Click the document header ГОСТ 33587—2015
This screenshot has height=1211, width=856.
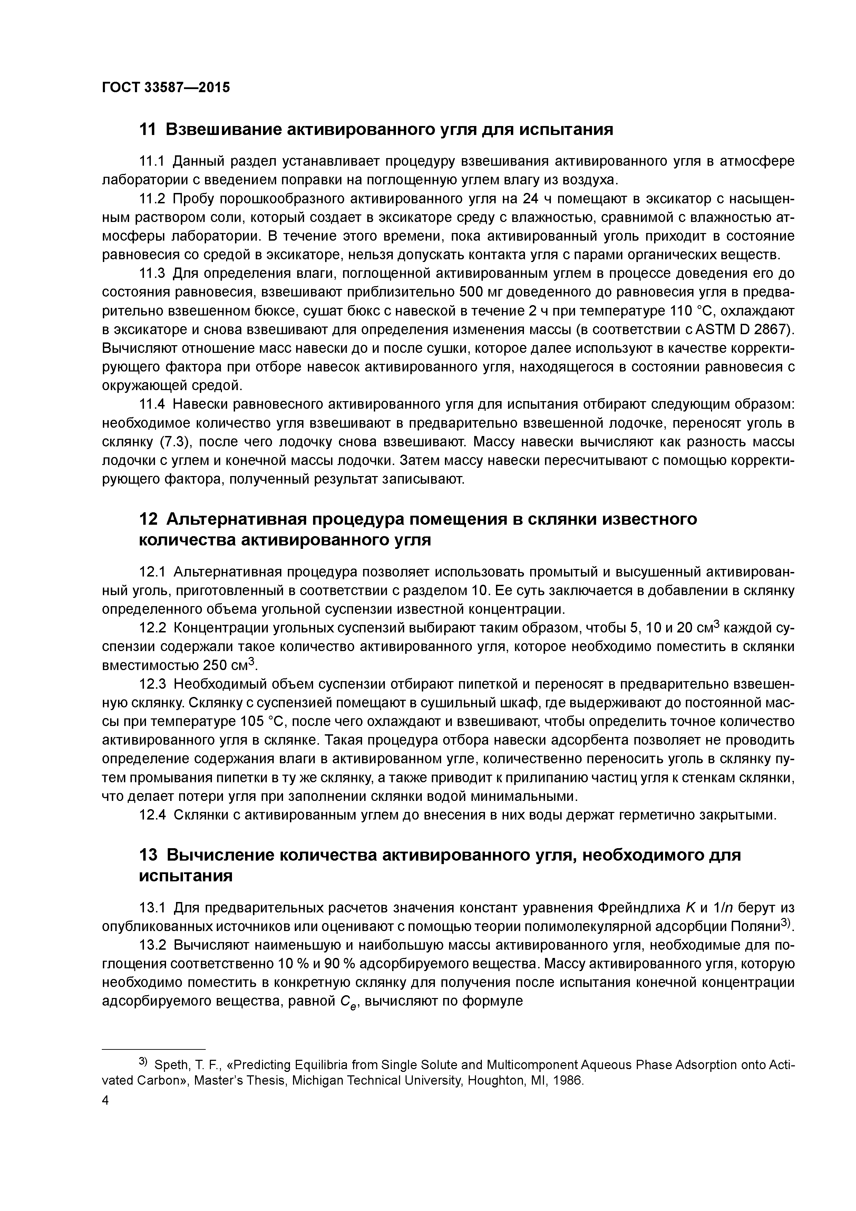pos(166,88)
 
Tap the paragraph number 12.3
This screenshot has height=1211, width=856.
pos(152,684)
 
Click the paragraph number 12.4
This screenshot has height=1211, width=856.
pos(152,815)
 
